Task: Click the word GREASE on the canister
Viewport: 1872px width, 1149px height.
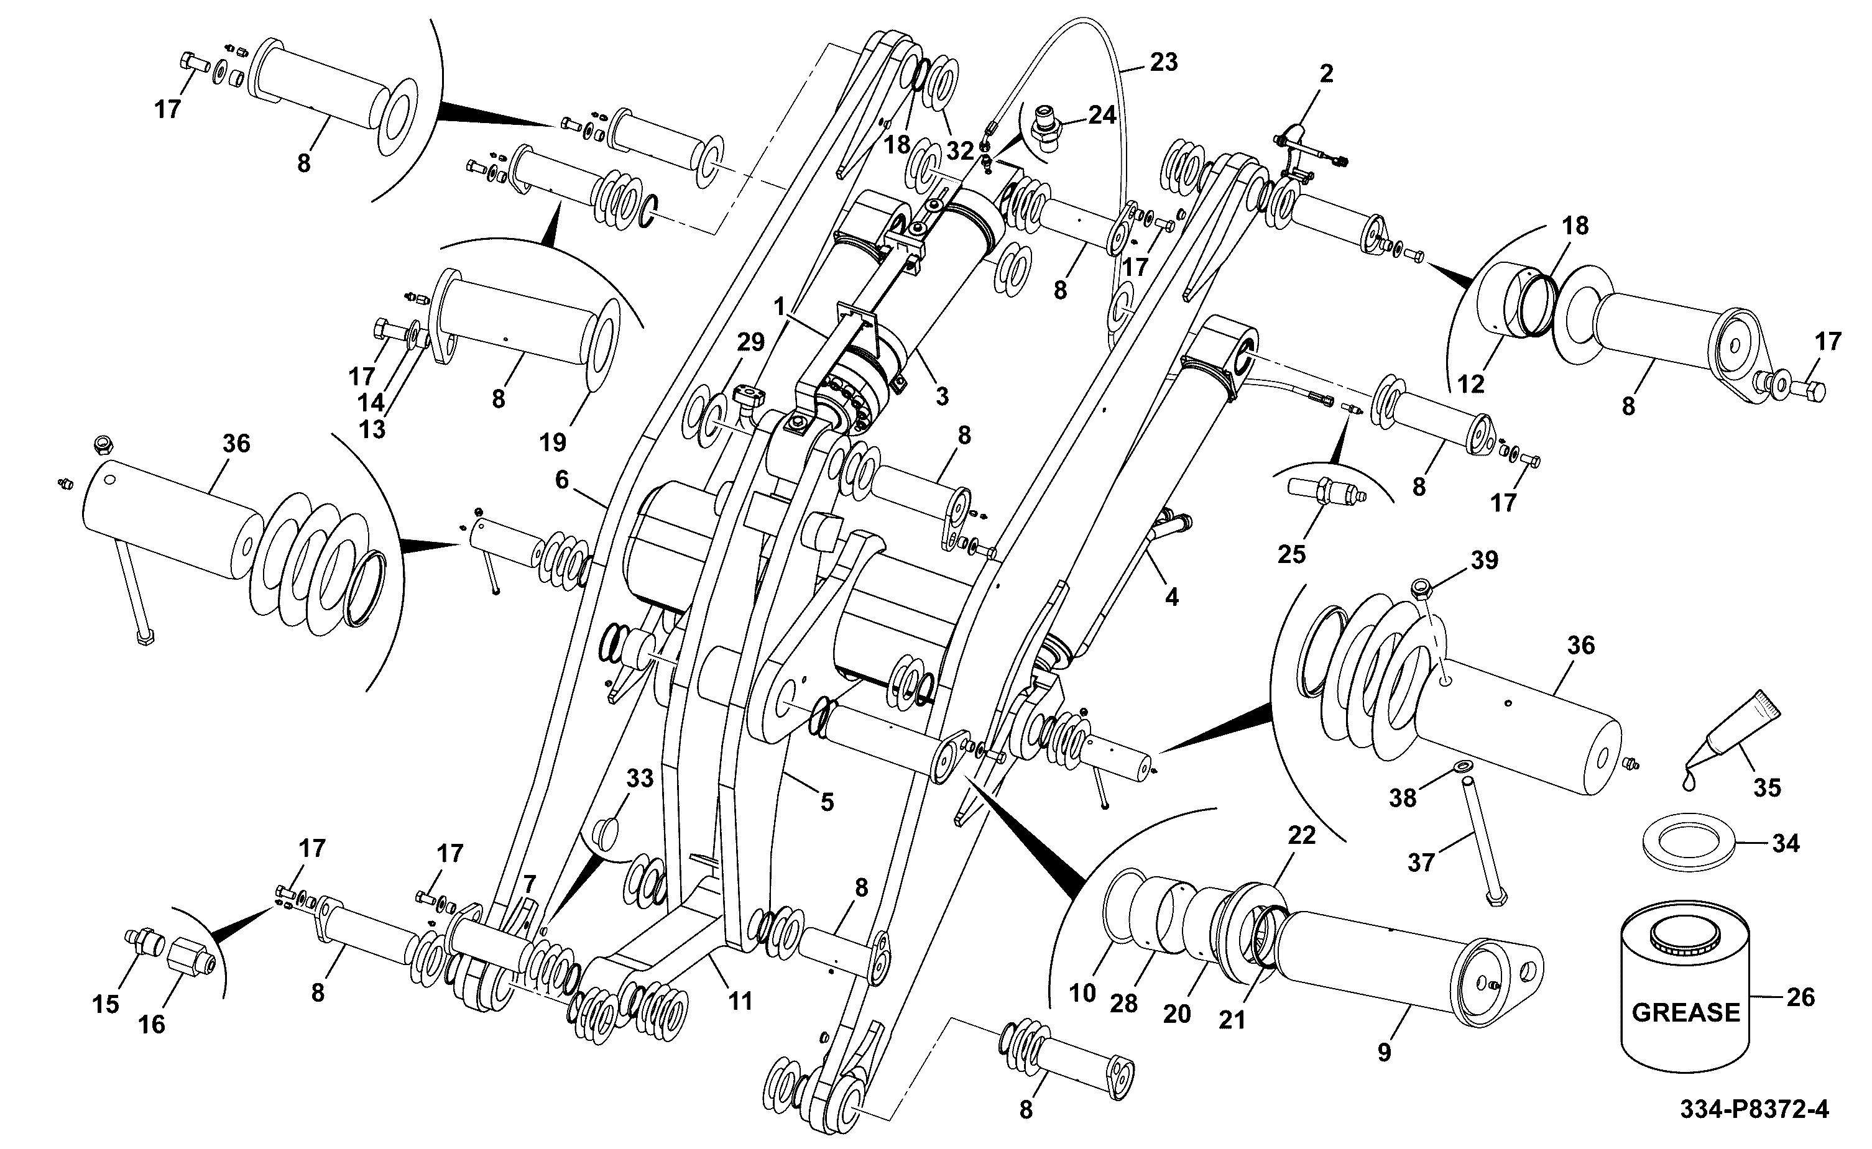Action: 1685,1012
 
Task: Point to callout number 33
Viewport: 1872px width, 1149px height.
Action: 639,778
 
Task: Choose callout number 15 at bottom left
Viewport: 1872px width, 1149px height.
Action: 106,1005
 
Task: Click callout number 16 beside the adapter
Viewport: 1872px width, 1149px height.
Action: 151,1024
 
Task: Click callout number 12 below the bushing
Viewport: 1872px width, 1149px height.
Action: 1471,384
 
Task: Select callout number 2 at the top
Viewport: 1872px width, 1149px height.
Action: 1326,74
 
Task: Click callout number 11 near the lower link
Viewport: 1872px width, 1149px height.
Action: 740,1002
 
